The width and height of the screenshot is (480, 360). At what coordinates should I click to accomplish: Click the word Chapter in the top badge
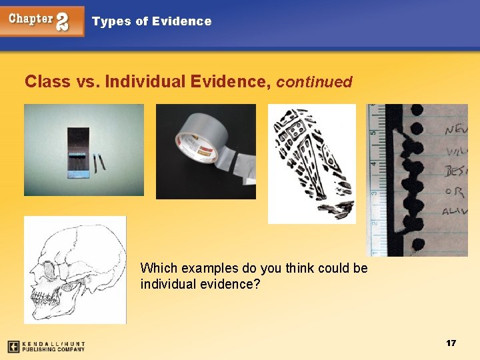31,19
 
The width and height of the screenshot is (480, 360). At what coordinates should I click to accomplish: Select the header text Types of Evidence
151,21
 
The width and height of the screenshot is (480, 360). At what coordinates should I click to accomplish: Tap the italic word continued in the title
314,82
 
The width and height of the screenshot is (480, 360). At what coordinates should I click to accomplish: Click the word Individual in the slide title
146,81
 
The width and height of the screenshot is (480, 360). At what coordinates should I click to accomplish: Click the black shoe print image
311,163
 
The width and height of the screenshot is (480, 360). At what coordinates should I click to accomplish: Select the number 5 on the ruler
374,131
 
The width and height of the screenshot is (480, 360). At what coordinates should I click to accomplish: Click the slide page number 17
451,343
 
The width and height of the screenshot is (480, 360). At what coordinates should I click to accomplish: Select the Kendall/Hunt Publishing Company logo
47,347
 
